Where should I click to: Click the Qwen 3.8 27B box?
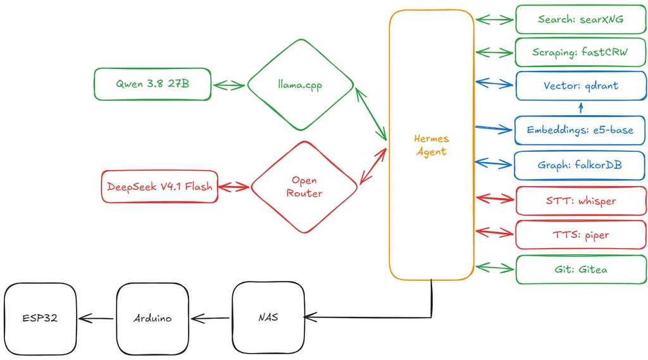(x=153, y=84)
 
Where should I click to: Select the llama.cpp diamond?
(x=301, y=85)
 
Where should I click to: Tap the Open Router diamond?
(x=304, y=187)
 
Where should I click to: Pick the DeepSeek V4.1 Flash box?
(x=159, y=187)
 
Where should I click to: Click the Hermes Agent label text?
(x=431, y=145)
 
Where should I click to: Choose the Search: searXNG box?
(x=581, y=20)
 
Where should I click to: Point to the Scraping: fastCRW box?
(x=580, y=52)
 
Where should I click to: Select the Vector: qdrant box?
(x=581, y=85)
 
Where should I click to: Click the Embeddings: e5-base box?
(x=580, y=130)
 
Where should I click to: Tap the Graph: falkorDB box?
(x=580, y=165)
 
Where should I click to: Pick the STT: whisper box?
(x=581, y=201)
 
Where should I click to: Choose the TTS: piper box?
(x=581, y=235)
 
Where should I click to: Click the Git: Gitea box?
(x=581, y=270)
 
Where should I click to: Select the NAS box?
(x=268, y=318)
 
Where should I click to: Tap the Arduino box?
(x=153, y=319)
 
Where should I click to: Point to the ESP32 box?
(x=40, y=319)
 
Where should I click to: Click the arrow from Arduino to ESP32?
(x=96, y=318)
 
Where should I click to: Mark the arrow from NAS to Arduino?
(x=210, y=318)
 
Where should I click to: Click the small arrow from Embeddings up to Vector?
(x=581, y=108)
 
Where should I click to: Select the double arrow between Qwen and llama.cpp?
(x=229, y=85)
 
